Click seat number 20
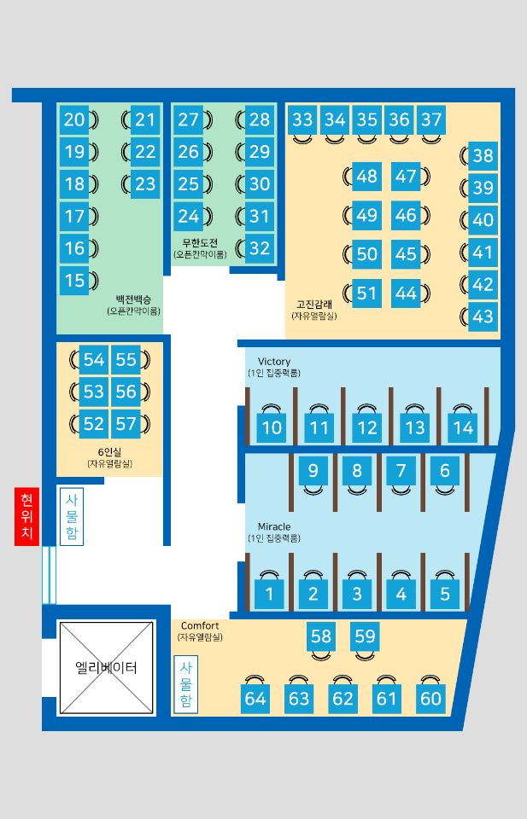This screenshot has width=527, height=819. [73, 119]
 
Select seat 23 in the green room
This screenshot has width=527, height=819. [145, 184]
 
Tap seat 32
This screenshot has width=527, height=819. [260, 248]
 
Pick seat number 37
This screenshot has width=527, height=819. [431, 119]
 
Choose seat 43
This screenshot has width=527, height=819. [483, 317]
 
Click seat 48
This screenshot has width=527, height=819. [366, 176]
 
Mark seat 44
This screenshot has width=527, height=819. [406, 293]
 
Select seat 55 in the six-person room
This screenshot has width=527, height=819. [126, 359]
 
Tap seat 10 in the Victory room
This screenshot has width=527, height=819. [272, 427]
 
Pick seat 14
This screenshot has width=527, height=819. [463, 427]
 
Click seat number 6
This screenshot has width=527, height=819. [445, 471]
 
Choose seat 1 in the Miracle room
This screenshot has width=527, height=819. [269, 594]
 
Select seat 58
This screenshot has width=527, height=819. [321, 636]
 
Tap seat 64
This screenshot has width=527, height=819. [255, 699]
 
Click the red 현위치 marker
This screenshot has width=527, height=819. [26, 515]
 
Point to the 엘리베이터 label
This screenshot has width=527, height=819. [106, 667]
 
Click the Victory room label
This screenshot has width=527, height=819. [274, 361]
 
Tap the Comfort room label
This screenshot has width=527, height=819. [200, 625]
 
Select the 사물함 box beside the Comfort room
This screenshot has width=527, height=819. [185, 685]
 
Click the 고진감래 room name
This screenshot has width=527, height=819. [314, 305]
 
